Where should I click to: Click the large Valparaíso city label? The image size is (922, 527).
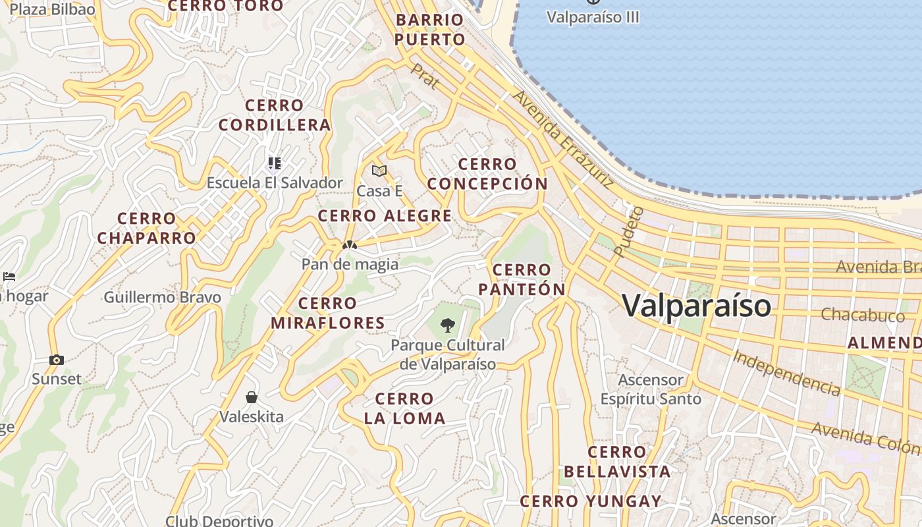point(696,306)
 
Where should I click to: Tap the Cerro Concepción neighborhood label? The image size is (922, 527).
point(487,174)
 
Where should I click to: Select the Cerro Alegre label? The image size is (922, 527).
point(385,216)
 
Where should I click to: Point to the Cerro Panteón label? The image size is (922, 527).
point(522,279)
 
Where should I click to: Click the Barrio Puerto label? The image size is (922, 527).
point(430,30)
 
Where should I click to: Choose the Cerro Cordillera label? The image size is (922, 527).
point(275,115)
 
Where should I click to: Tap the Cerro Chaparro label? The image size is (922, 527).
point(147,228)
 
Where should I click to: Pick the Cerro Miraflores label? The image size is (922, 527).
point(327,313)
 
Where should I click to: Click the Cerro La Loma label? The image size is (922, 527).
point(404,408)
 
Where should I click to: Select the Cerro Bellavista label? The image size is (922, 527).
point(617,462)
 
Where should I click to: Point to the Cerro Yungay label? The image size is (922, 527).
point(591,502)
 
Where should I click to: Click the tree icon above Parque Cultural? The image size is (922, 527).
point(448,325)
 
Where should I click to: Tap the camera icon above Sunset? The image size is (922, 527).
point(57,360)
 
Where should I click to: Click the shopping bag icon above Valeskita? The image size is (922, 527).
point(252,397)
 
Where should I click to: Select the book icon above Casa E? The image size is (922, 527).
point(379,171)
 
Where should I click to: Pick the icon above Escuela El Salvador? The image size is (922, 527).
point(275,163)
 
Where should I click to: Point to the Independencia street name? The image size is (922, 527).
point(786,373)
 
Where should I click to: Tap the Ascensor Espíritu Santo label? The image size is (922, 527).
point(651,389)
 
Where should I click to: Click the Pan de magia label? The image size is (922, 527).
point(350,264)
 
